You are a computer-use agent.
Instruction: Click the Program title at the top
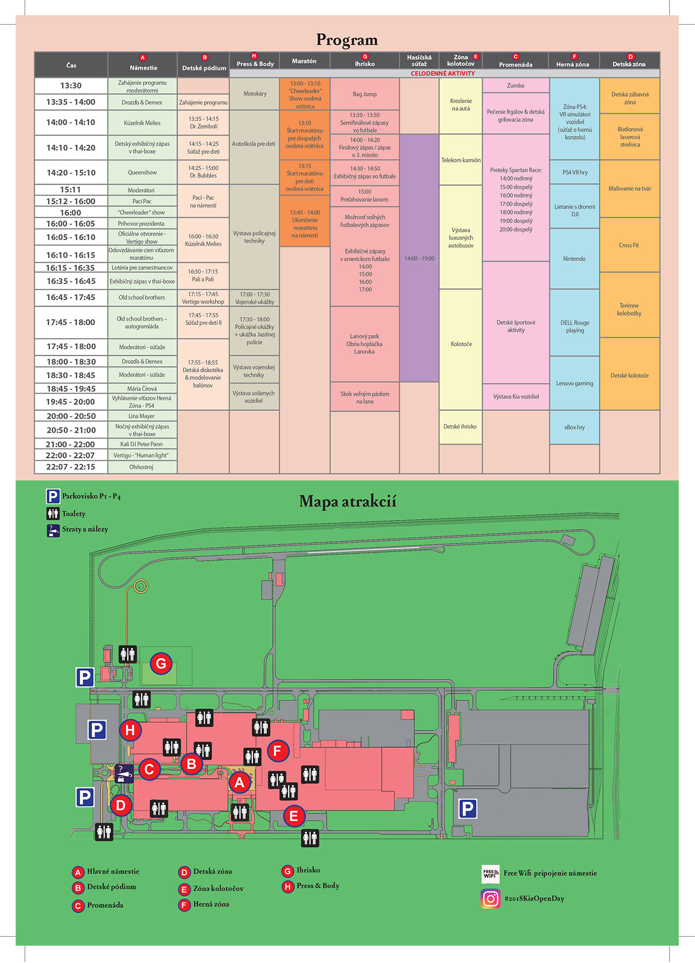pyautogui.click(x=347, y=40)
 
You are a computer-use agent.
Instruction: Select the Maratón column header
pyautogui.click(x=304, y=61)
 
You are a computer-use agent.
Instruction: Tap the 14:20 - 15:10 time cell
pyautogui.click(x=71, y=173)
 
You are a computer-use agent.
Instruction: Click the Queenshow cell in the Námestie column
pyautogui.click(x=142, y=173)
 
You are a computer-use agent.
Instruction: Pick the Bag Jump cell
pyautogui.click(x=365, y=94)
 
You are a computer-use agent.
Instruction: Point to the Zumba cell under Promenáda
pyautogui.click(x=516, y=86)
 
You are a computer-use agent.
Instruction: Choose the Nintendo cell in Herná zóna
pyautogui.click(x=574, y=259)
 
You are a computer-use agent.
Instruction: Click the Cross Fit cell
pyautogui.click(x=629, y=245)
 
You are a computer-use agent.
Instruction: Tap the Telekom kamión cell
pyautogui.click(x=461, y=160)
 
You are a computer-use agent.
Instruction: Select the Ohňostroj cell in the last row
pyautogui.click(x=142, y=467)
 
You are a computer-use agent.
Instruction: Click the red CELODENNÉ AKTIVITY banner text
pyautogui.click(x=443, y=73)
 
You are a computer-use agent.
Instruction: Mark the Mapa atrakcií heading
pyautogui.click(x=347, y=502)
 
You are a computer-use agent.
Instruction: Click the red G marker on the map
pyautogui.click(x=160, y=664)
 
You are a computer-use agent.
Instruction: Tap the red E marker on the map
pyautogui.click(x=294, y=816)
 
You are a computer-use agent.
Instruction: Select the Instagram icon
pyautogui.click(x=490, y=899)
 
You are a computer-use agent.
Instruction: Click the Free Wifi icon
pyautogui.click(x=490, y=874)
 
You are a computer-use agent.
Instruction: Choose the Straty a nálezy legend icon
pyautogui.click(x=53, y=530)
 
